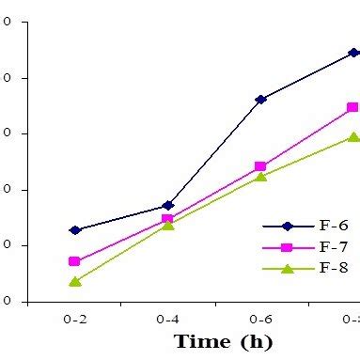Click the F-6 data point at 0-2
[75, 229]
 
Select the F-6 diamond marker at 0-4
[168, 205]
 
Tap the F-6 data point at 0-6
[260, 99]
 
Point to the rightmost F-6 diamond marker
[353, 53]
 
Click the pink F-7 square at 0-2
[75, 261]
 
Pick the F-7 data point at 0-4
[167, 219]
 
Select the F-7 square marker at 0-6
[260, 166]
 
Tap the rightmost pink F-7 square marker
[353, 107]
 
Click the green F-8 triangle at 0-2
[75, 281]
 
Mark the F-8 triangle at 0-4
[167, 225]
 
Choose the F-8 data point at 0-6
[260, 176]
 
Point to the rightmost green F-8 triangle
[353, 137]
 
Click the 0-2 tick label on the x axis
[75, 320]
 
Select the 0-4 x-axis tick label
[168, 320]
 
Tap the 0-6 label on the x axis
[260, 320]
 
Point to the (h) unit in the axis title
[257, 341]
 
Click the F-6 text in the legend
[335, 227]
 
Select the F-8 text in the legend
[335, 268]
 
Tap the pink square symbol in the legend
[288, 247]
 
